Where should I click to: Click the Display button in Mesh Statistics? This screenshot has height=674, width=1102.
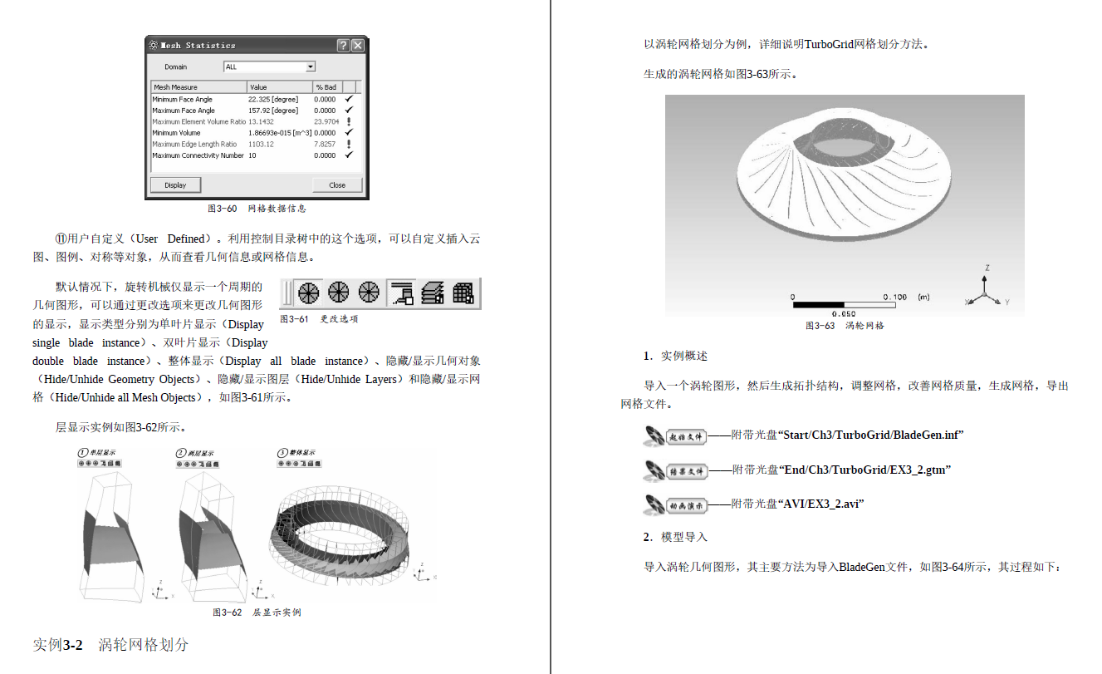[x=175, y=184]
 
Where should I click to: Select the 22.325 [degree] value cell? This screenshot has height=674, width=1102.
[x=273, y=99]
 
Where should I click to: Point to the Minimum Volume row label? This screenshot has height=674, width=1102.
[x=176, y=133]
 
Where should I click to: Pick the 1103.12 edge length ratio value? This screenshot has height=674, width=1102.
[x=261, y=144]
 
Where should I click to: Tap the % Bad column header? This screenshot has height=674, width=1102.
[x=326, y=86]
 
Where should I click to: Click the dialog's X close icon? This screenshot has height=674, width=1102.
[x=357, y=46]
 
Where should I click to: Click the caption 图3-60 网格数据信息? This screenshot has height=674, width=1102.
[x=257, y=209]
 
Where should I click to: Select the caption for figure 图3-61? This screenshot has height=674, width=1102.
[x=319, y=319]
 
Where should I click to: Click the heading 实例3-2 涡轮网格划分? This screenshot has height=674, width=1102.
[x=110, y=645]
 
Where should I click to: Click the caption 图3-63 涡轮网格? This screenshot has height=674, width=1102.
[x=845, y=326]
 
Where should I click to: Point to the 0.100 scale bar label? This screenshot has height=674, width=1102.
[x=895, y=297]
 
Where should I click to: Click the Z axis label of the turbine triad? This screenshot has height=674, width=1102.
[x=986, y=268]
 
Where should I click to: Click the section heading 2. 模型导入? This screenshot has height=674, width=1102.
[x=675, y=537]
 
